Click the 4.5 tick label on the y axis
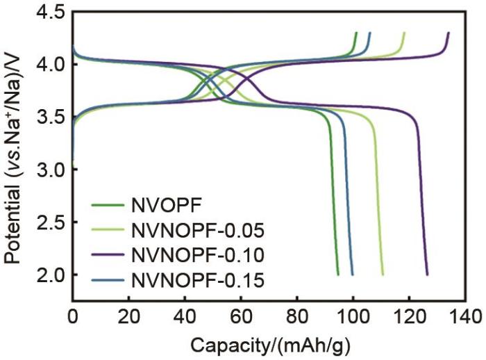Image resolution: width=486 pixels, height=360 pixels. tap(52, 13)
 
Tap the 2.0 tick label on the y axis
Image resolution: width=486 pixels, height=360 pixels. tap(52, 275)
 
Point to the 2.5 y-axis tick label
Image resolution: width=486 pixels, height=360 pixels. tap(52, 222)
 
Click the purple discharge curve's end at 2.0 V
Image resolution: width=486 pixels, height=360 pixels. tap(427, 275)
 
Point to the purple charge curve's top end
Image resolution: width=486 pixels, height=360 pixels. tap(449, 33)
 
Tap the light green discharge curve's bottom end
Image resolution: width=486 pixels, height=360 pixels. tap(383, 275)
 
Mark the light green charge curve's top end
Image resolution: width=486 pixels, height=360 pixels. tap(404, 33)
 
